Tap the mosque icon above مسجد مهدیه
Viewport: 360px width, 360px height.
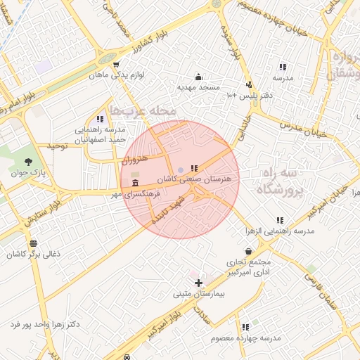198,77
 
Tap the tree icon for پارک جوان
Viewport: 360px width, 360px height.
28,162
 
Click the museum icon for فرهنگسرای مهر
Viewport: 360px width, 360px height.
135,184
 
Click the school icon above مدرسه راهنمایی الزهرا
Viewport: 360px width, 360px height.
280,221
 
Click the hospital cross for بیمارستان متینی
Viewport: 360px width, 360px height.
198,283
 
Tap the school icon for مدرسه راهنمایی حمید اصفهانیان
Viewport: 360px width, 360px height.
99,120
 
